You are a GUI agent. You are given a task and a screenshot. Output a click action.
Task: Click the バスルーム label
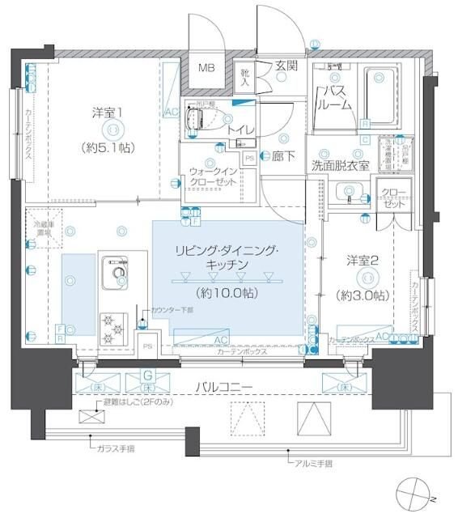pyautogui.click(x=335, y=97)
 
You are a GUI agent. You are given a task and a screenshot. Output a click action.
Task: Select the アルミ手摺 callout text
pyautogui.click(x=313, y=464)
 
